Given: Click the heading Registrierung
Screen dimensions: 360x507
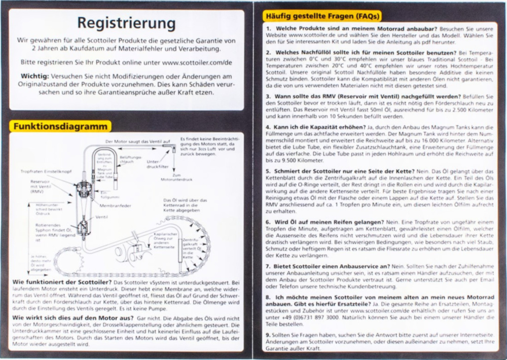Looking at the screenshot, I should (x=126, y=23).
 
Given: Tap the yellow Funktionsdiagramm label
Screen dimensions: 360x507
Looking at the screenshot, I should (x=60, y=126).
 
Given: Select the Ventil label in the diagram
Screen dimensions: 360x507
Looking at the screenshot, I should (x=102, y=217).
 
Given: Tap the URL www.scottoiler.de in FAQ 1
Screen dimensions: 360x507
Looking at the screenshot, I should (x=310, y=37).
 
